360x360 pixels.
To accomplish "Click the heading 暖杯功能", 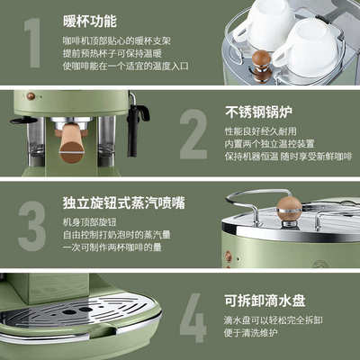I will pyautogui.click(x=88, y=20).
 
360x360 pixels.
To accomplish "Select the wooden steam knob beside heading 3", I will pyautogui.click(x=289, y=208).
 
